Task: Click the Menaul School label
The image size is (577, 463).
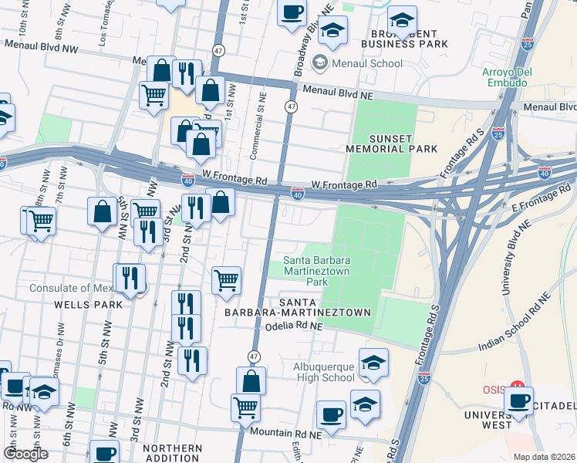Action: tap(367, 63)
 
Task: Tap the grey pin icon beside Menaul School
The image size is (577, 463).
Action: tap(320, 63)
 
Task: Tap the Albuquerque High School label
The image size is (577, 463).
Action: tap(323, 371)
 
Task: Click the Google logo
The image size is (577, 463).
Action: tap(26, 454)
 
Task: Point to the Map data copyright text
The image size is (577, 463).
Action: tap(545, 457)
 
